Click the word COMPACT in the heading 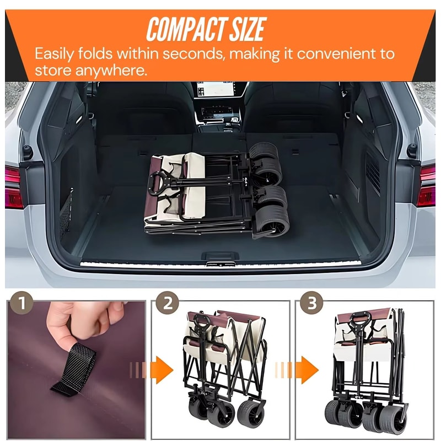pos(186,29)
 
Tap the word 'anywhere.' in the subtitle pos(111,71)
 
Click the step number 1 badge pos(21,303)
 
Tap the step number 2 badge pos(168,303)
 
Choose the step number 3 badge pos(311,303)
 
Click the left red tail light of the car pos(13,187)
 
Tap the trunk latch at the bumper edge pos(220,263)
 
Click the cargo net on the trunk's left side pos(66,212)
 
